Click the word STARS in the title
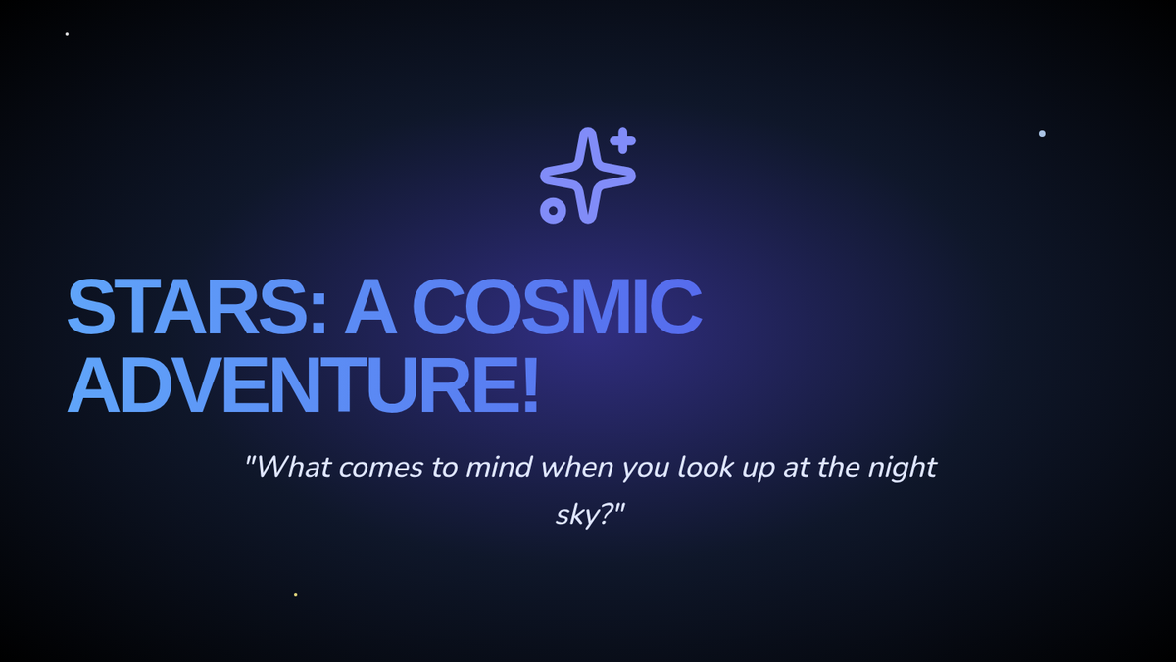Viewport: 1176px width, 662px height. click(x=188, y=307)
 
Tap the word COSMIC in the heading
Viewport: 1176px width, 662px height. click(x=557, y=307)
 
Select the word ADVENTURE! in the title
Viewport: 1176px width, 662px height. click(x=303, y=384)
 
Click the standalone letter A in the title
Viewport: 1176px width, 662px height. click(x=370, y=307)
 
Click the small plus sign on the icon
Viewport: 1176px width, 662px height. click(x=623, y=140)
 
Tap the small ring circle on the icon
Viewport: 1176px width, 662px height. click(x=553, y=211)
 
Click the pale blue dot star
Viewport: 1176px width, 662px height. click(x=1042, y=134)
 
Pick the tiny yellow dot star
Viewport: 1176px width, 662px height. click(x=296, y=594)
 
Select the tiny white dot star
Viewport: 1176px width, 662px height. click(x=67, y=34)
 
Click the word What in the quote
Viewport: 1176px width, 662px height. click(x=294, y=467)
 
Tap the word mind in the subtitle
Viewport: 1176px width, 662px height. click(x=499, y=467)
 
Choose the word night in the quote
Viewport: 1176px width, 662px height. click(x=902, y=467)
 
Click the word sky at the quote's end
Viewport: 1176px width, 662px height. click(x=576, y=514)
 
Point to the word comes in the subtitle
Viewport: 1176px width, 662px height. click(x=381, y=468)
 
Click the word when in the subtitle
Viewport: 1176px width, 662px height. click(x=576, y=467)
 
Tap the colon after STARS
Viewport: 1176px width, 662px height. click(x=318, y=315)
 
